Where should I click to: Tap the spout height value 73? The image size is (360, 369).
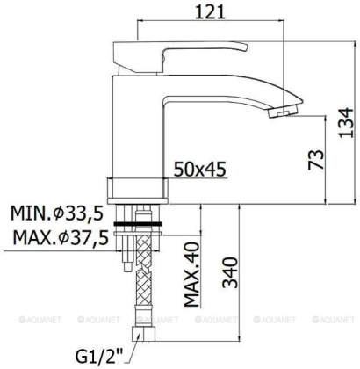pos(319,158)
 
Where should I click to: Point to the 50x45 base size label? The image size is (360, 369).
pos(198,166)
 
